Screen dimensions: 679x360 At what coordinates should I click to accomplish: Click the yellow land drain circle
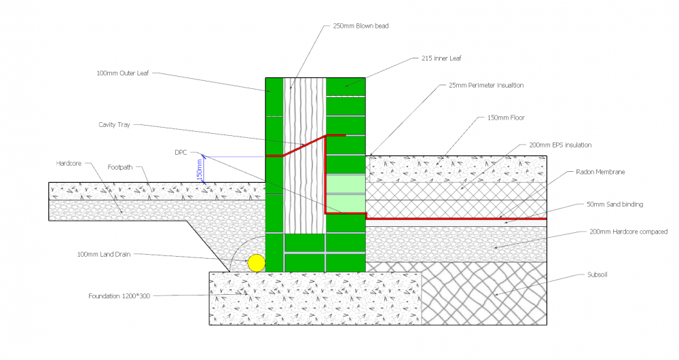tap(257, 263)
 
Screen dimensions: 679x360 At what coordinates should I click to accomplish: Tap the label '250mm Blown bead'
tap(361, 26)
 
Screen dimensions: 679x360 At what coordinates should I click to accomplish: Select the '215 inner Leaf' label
tap(441, 58)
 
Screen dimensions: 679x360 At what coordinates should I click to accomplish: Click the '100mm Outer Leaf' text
tap(122, 73)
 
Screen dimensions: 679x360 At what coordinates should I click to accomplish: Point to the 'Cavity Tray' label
tap(114, 125)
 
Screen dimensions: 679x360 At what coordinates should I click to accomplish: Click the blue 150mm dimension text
tap(200, 169)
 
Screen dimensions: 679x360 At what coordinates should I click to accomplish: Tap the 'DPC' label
tap(181, 153)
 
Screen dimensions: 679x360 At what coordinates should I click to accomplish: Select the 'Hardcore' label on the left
tap(69, 163)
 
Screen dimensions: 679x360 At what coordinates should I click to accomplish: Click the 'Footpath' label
tap(120, 167)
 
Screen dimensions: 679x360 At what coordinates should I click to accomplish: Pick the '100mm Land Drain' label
tap(103, 254)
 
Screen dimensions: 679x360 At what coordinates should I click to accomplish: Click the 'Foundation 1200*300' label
tap(119, 296)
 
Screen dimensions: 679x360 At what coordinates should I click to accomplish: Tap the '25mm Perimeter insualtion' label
tap(486, 86)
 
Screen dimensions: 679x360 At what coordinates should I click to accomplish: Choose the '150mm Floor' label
tap(506, 118)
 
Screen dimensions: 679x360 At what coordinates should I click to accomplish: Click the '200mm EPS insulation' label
tap(560, 145)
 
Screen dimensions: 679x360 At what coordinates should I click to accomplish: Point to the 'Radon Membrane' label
tap(600, 172)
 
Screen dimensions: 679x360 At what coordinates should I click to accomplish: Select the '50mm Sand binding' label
tap(614, 204)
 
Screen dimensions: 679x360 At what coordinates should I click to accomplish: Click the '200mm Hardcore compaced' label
tap(628, 232)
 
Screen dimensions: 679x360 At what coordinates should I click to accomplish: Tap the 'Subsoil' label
tap(597, 274)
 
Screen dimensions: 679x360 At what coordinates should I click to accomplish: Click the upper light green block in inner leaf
tap(346, 183)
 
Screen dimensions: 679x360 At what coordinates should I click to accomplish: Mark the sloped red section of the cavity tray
tap(304, 145)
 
